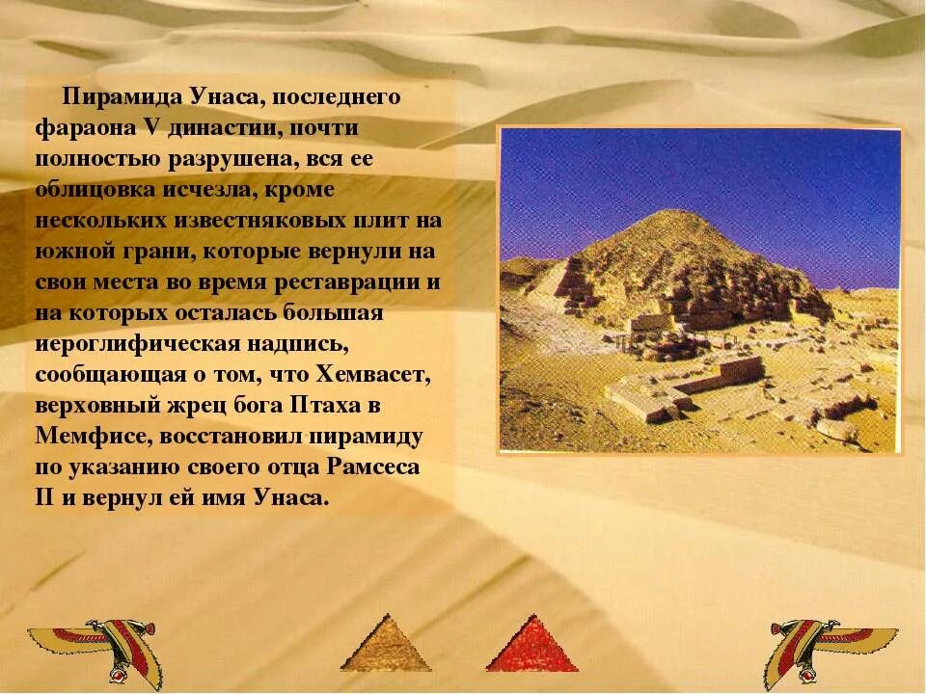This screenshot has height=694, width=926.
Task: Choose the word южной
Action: [x=74, y=252]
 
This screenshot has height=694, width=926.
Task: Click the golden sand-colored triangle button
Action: [x=386, y=644]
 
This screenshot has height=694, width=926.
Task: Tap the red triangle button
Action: [x=531, y=644]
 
